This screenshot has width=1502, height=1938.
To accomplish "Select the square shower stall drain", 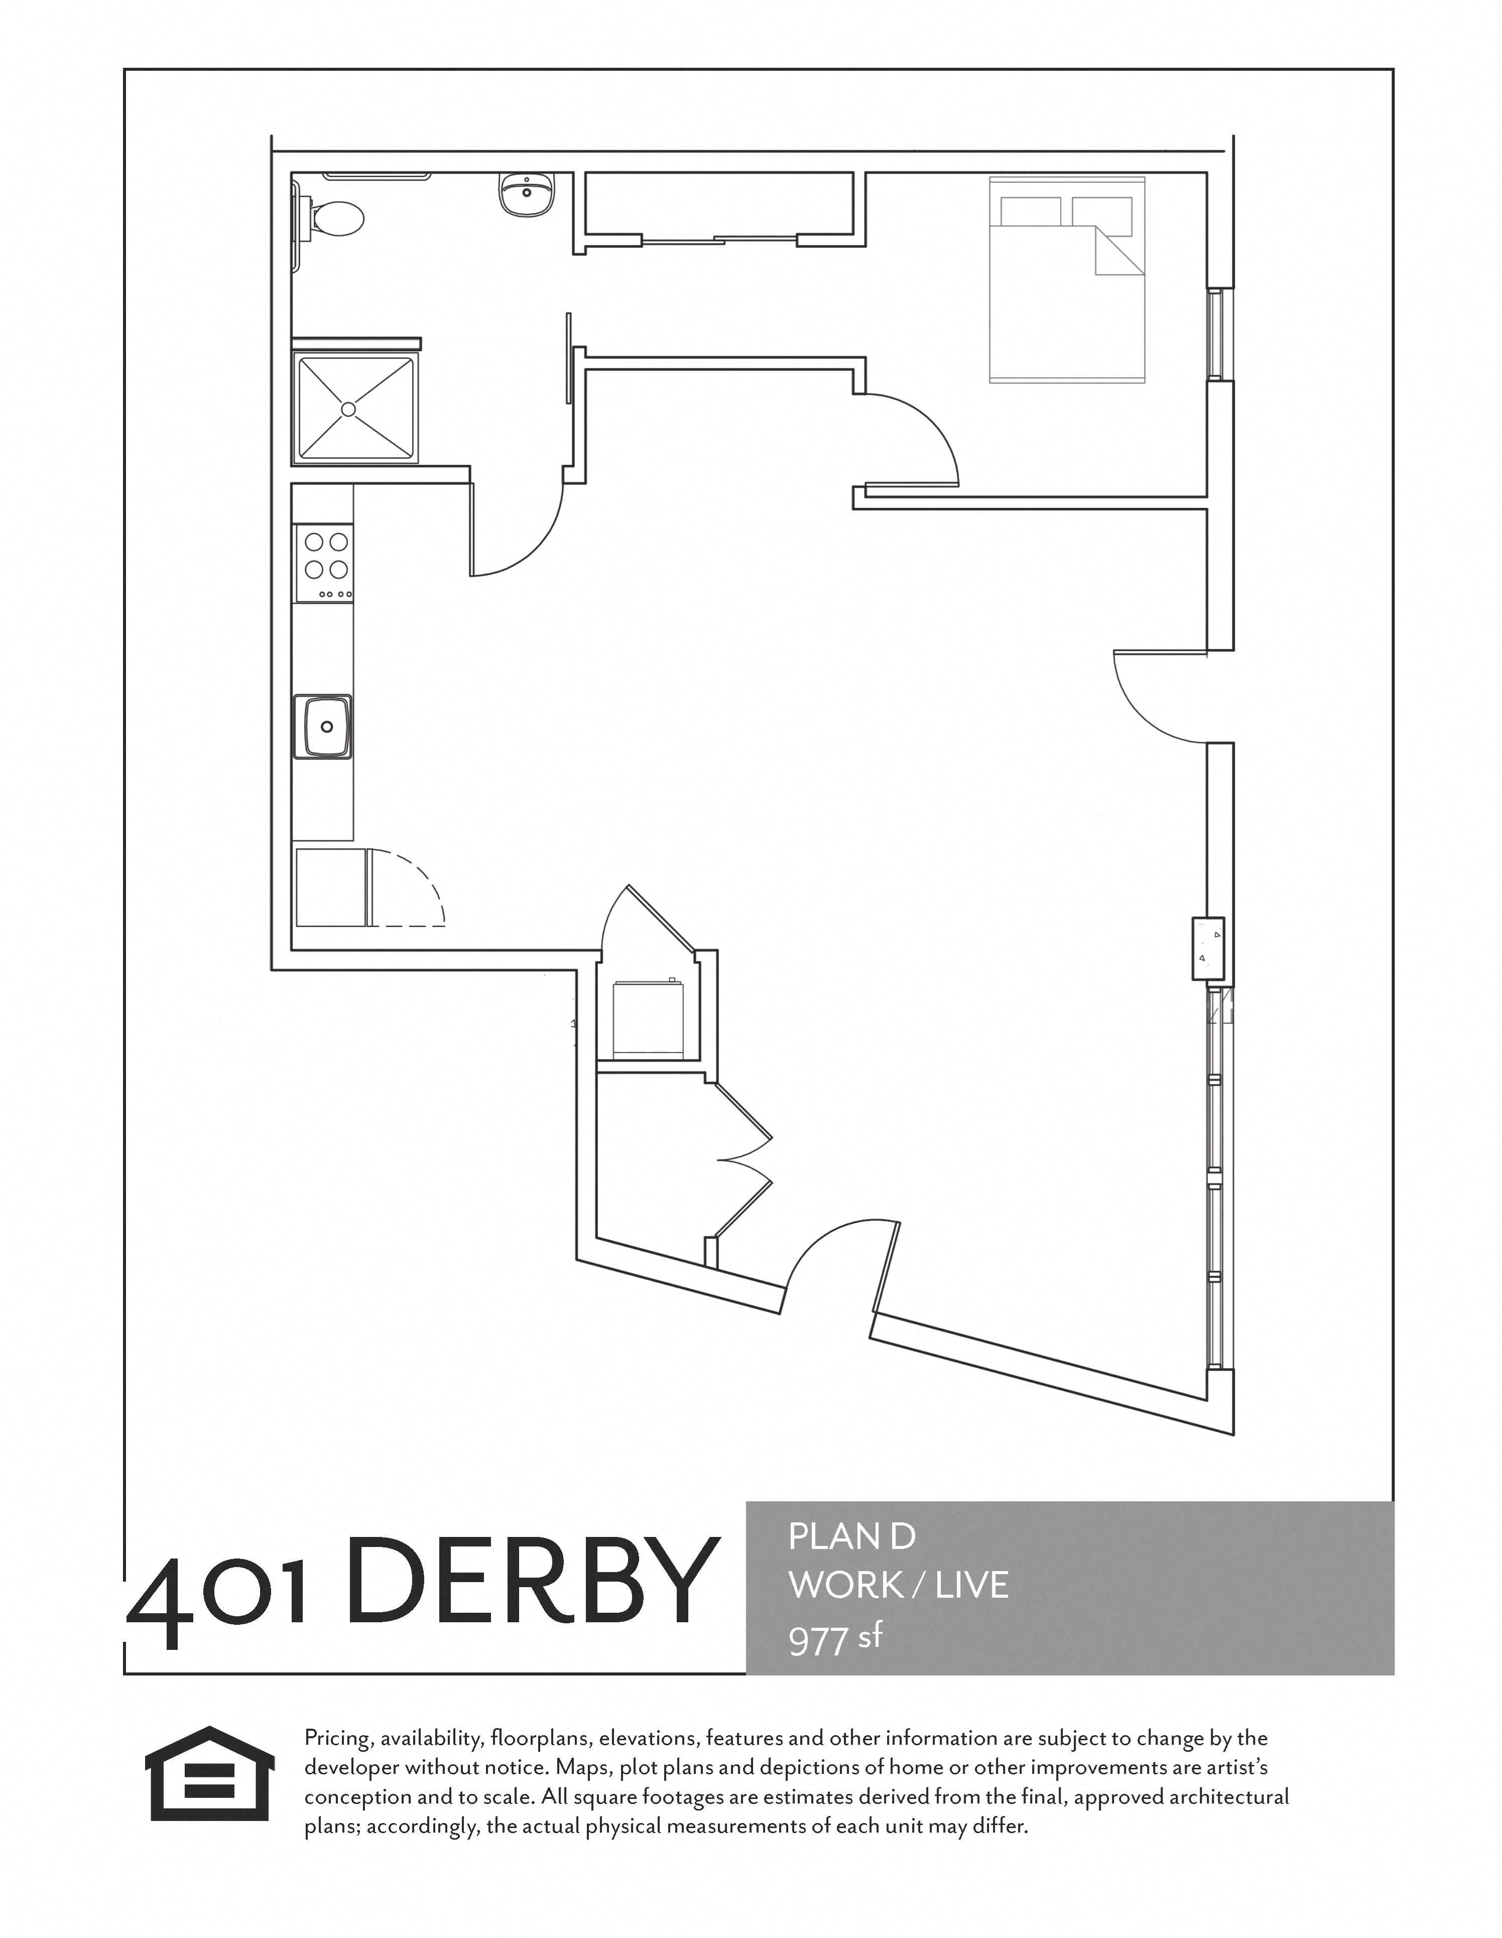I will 348,409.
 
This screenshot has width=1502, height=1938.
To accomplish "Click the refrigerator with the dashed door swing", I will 330,887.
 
